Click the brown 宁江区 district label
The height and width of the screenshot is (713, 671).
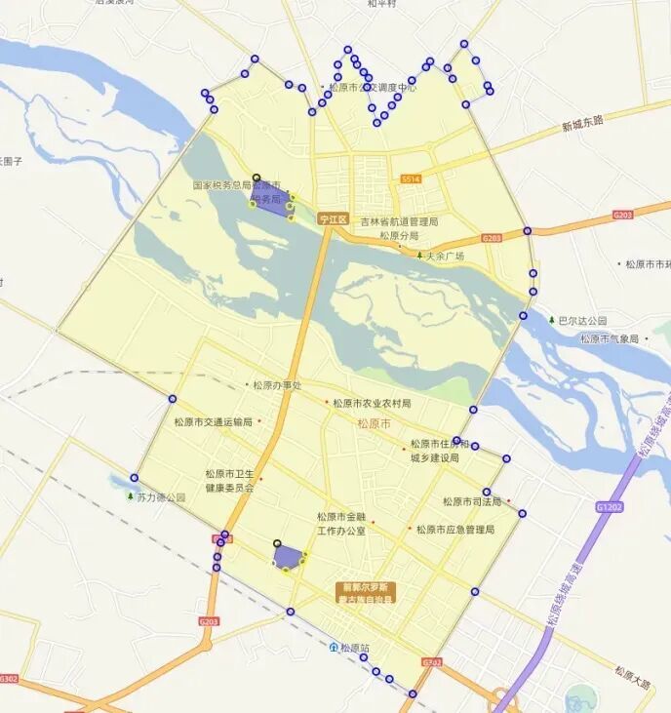334,220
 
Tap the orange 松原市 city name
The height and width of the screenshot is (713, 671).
374,423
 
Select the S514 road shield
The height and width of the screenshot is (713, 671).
411,179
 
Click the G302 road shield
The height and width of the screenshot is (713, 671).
9,678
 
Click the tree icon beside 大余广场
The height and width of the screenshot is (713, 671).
419,256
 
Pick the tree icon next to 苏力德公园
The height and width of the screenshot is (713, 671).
131,496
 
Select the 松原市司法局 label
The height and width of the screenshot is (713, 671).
472,501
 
